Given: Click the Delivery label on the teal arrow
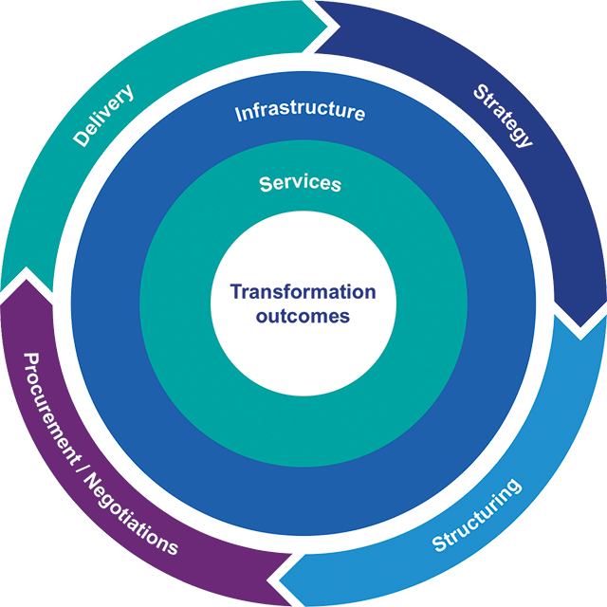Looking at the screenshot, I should pos(102,116).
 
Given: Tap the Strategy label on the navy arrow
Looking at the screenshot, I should pos(502,116).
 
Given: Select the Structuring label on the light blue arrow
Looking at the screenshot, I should pos(477,517).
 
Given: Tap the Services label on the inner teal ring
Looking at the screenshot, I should pos(301,182).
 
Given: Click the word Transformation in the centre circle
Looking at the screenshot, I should pos(303,292).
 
